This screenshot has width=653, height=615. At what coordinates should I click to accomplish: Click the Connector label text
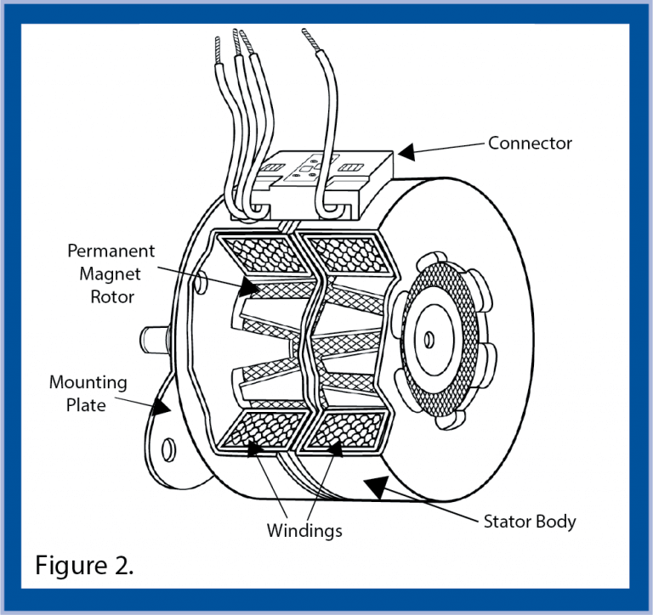530,143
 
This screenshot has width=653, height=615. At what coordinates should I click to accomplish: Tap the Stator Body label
529,521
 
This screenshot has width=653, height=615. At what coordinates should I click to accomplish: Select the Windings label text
304,531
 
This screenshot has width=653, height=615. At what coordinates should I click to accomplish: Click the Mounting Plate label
88,393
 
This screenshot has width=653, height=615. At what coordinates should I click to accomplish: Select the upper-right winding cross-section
347,255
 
